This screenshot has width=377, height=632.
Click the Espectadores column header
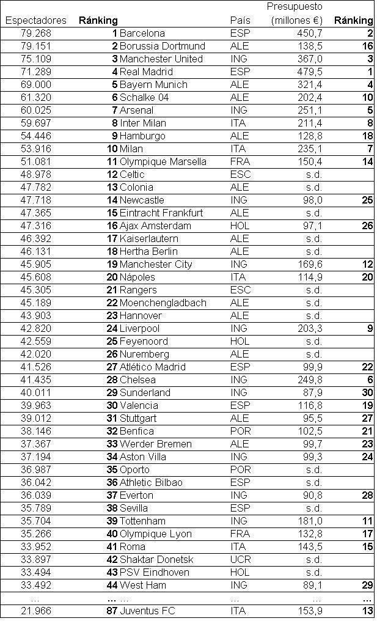tap(35, 20)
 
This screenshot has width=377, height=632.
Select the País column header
tap(240, 20)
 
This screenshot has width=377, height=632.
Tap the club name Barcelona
tap(142, 33)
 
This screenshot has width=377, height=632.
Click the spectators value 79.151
tap(35, 46)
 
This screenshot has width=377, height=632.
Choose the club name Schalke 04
tap(144, 97)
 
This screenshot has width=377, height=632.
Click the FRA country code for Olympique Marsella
tap(240, 161)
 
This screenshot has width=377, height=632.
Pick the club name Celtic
tap(132, 174)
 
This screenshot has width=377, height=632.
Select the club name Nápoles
tap(137, 277)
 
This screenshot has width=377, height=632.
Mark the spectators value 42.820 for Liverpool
tap(35, 328)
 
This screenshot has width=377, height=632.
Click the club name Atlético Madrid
tap(153, 367)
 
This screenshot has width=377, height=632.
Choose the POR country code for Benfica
tap(240, 431)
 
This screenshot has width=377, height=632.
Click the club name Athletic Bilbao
tap(151, 482)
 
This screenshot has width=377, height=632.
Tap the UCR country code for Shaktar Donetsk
tap(240, 559)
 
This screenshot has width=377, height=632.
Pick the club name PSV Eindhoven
tap(155, 572)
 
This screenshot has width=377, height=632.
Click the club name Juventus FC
tap(147, 611)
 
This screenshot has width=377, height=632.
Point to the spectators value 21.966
tap(35, 611)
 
